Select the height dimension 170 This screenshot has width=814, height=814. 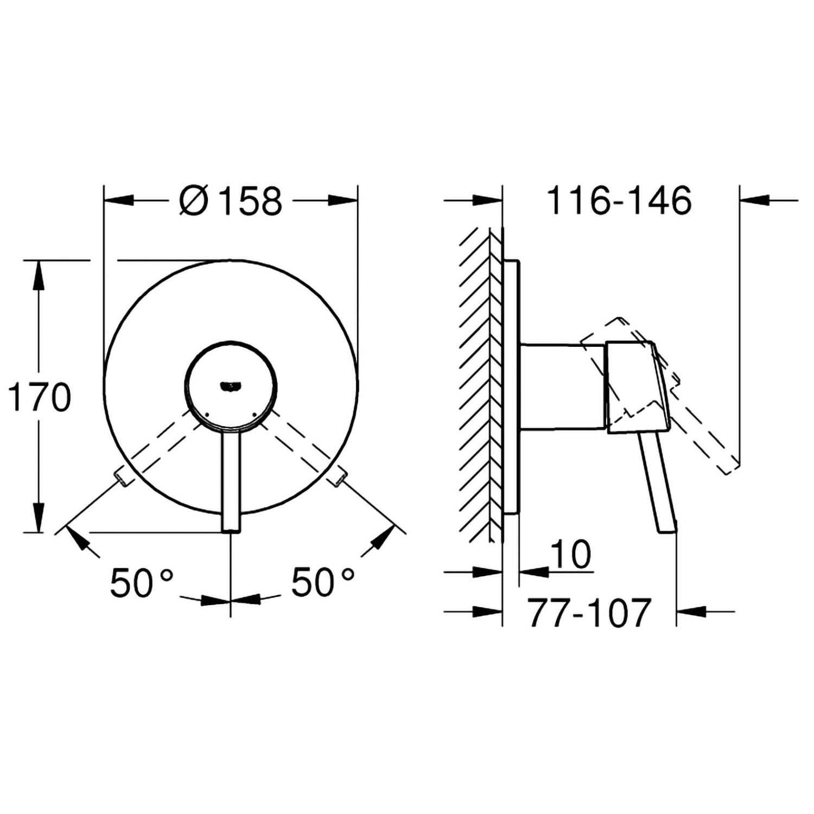coord(39,397)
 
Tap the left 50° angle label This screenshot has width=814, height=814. coord(142,582)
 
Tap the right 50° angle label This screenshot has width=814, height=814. coord(323,582)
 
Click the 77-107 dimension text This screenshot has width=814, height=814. coord(589,613)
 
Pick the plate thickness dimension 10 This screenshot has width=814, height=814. coord(571,554)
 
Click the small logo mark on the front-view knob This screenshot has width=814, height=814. coord(230,386)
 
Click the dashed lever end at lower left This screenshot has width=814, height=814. coord(120,478)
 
